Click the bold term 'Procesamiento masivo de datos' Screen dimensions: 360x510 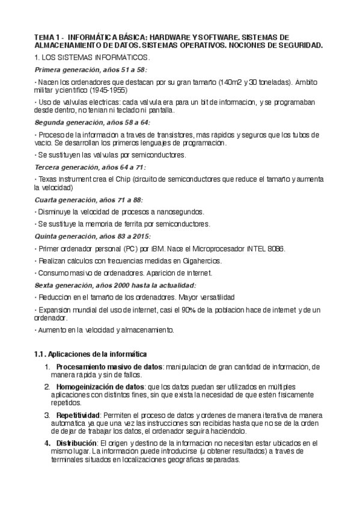click(109, 366)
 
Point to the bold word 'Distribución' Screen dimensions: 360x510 click(76, 443)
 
